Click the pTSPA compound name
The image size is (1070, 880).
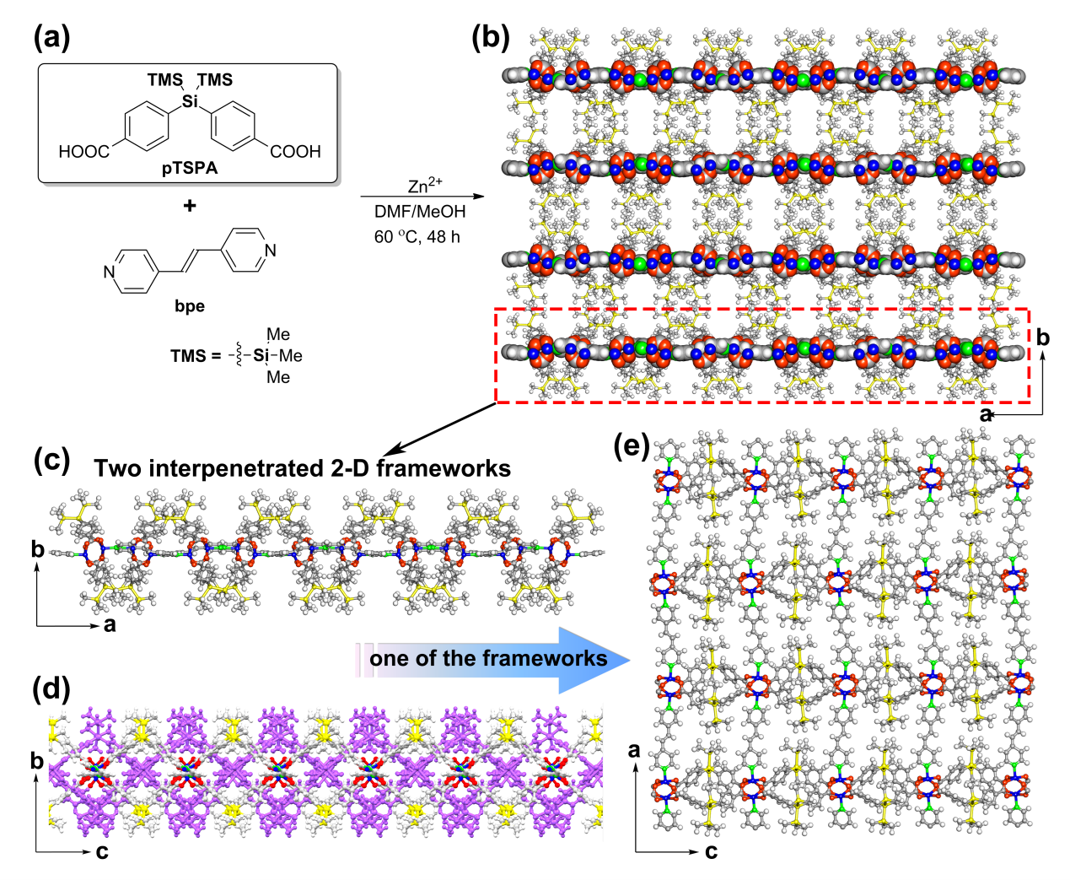(190, 168)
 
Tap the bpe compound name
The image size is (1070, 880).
(190, 306)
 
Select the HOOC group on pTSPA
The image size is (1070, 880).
(83, 152)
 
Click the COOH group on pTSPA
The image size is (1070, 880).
(295, 152)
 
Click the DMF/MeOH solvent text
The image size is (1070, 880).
(420, 212)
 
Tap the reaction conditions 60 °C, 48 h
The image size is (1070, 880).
(417, 237)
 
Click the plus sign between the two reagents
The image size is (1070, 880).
(190, 205)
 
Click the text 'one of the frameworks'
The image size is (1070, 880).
(488, 658)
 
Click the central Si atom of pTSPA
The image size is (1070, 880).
(191, 102)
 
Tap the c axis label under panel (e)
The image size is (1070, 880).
(711, 852)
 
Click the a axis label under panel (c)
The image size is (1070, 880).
(110, 625)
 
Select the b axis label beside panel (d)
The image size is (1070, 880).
(36, 760)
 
